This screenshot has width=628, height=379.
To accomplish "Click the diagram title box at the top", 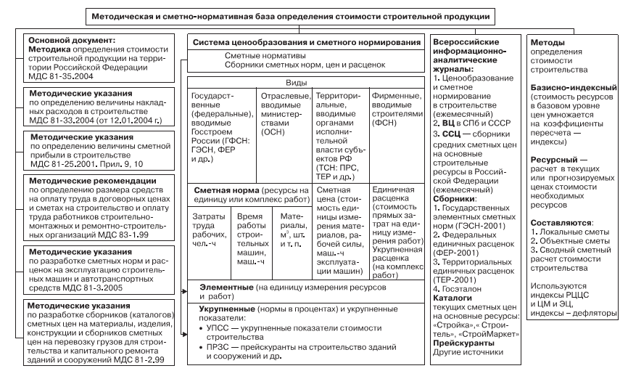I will pos(314,15).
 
